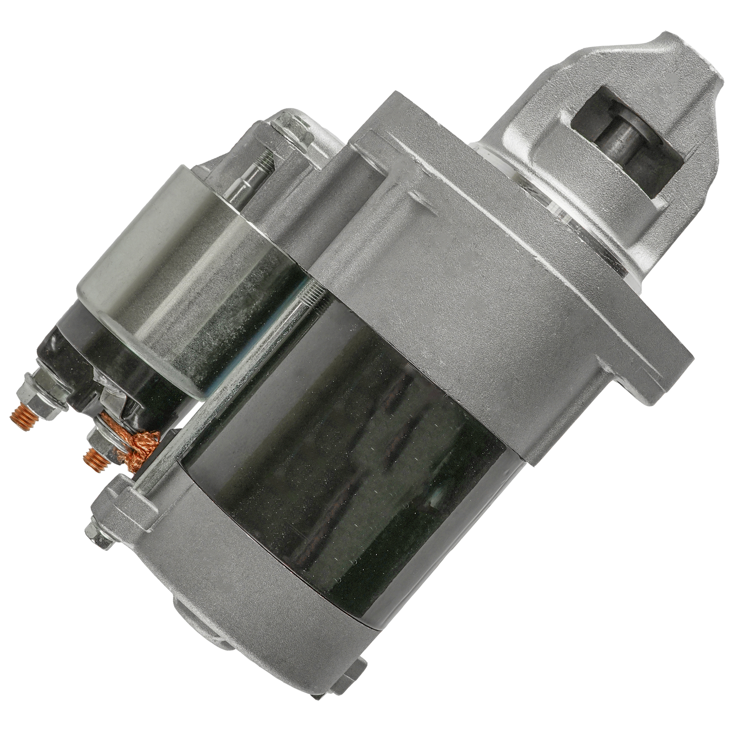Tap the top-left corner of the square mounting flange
[381, 103]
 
